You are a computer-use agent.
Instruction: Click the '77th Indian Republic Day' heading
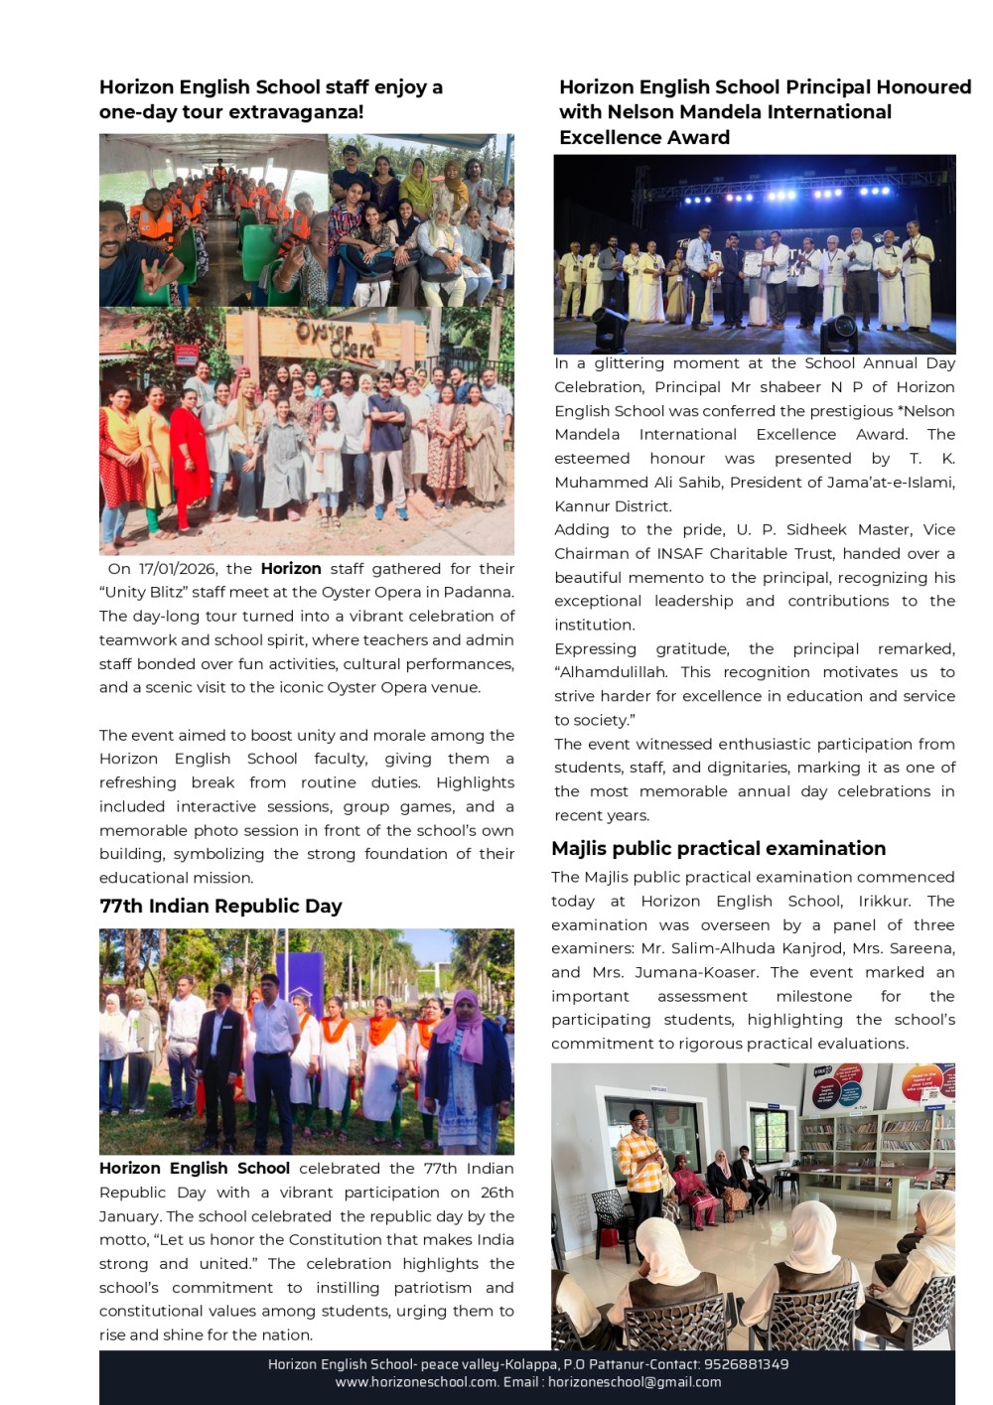point(220,907)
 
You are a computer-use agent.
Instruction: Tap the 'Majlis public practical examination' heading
point(718,849)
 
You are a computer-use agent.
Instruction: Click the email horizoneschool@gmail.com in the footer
point(635,1382)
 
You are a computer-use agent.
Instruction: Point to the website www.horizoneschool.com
point(416,1382)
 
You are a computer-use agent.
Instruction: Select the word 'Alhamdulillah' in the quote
point(610,672)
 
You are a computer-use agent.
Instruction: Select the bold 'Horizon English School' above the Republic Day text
point(195,1169)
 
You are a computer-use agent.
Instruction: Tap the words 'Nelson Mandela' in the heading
point(676,112)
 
